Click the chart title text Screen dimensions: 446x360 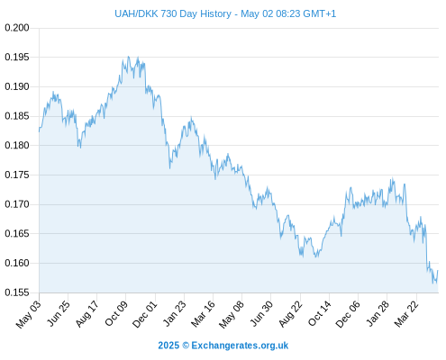(225, 13)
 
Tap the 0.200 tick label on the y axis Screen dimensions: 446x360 (17, 28)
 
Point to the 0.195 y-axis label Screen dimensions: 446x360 (17, 57)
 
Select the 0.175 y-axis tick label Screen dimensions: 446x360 (17, 175)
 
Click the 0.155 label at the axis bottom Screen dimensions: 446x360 (17, 292)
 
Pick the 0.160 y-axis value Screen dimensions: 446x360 (17, 263)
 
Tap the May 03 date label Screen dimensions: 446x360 (29, 314)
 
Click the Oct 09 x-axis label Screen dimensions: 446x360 (116, 313)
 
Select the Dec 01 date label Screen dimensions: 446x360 (145, 314)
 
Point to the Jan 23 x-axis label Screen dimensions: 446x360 (174, 313)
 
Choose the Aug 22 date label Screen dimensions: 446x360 (290, 314)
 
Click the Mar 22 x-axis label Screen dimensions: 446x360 (406, 314)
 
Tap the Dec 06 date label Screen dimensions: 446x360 (348, 314)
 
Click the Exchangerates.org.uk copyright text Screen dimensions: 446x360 (223, 346)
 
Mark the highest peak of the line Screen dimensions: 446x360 (129, 57)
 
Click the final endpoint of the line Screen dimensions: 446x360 (438, 271)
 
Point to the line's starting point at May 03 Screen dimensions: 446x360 (39, 131)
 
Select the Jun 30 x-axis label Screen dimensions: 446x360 (261, 313)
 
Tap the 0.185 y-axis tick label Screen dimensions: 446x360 (17, 116)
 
